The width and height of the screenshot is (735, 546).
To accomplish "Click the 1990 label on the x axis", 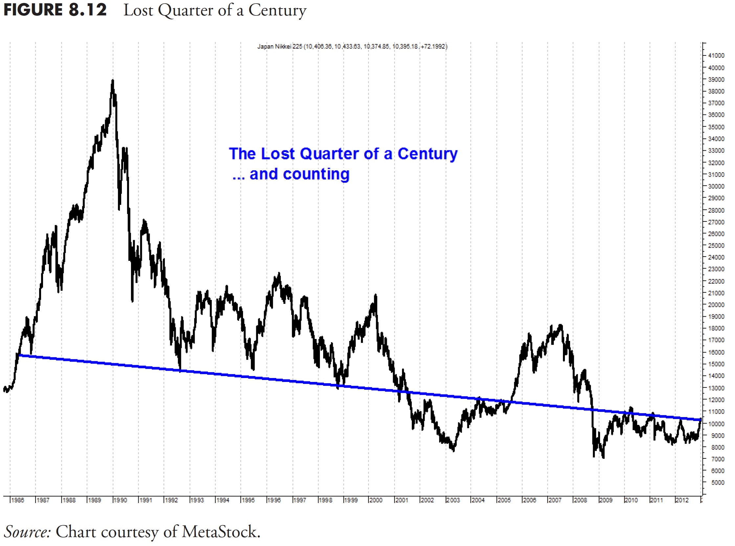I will click(x=120, y=500).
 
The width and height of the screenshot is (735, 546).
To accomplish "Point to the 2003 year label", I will click(x=453, y=500).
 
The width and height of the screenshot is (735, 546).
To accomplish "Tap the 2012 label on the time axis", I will click(x=682, y=500).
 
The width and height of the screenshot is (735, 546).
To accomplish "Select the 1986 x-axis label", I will click(x=17, y=500).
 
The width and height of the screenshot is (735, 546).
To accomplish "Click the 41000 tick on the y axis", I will click(x=716, y=55).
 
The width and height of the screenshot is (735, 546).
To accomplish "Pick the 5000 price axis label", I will click(x=718, y=483).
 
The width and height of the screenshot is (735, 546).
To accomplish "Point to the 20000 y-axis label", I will click(x=716, y=305).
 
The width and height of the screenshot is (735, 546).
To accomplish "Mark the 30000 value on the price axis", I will click(x=716, y=186).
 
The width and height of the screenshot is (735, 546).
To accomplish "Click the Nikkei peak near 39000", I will click(x=113, y=80).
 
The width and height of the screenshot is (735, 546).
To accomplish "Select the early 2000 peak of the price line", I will click(x=375, y=295).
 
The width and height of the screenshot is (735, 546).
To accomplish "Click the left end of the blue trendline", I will click(x=20, y=355).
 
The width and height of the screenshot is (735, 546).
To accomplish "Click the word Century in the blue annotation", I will click(x=427, y=154).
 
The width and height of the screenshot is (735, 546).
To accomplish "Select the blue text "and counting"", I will click(x=299, y=174).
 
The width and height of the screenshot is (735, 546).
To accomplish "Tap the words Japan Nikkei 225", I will click(x=280, y=46).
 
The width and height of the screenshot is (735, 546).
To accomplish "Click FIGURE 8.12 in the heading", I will click(x=55, y=10).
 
